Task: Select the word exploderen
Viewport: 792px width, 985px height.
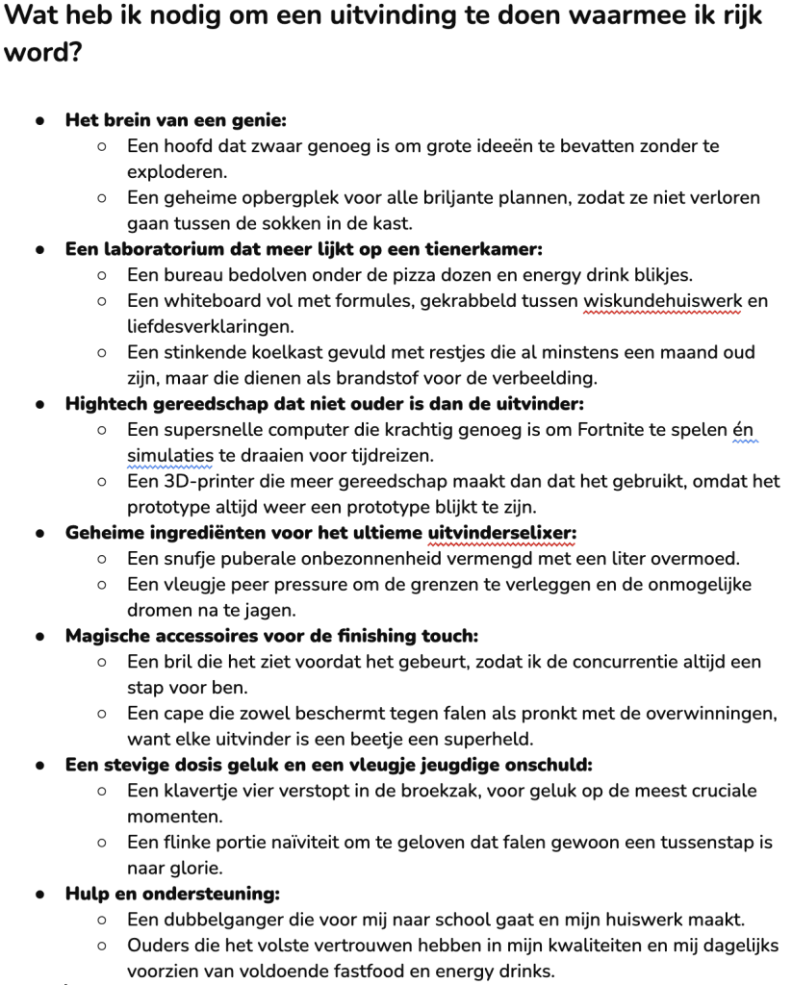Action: click(178, 172)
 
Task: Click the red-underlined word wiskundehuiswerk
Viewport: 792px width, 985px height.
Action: click(662, 301)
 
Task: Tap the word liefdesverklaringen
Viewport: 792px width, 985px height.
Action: click(211, 326)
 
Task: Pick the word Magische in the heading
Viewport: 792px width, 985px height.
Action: click(108, 636)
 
